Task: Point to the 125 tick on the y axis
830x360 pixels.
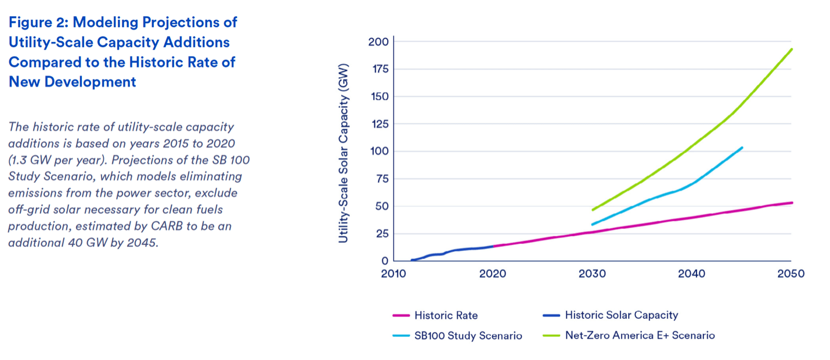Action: click(x=379, y=124)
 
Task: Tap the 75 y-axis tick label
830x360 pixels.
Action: click(x=381, y=179)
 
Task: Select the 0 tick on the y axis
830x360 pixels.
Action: click(x=385, y=261)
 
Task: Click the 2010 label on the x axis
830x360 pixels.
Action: click(x=394, y=273)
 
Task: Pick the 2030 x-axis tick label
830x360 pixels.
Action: click(x=593, y=273)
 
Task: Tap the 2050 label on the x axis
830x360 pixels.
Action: click(x=792, y=273)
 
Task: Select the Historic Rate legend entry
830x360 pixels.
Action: click(x=446, y=315)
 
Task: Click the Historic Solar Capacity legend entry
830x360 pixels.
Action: click(x=621, y=315)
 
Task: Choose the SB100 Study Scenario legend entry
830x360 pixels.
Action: click(x=468, y=336)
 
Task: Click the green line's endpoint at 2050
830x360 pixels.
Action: click(x=792, y=49)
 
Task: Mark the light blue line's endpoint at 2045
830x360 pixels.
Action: click(x=742, y=147)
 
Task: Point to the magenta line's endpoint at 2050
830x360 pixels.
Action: click(x=792, y=203)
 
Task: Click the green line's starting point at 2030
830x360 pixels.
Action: click(x=593, y=210)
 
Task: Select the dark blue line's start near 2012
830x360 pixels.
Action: click(x=412, y=260)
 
